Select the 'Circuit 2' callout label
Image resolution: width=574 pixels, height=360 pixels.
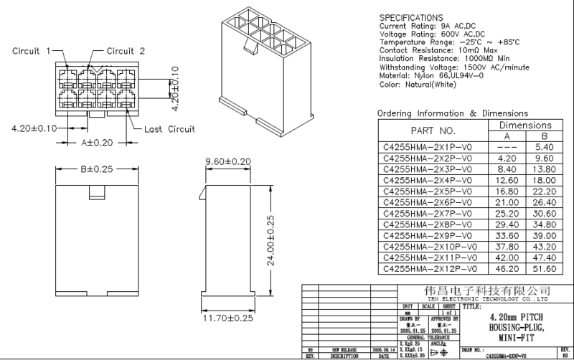pos(126,51)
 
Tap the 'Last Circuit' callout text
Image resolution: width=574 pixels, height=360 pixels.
pos(170,129)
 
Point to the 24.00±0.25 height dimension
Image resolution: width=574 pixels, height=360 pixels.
pos(271,242)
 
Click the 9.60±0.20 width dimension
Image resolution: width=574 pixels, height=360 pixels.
pos(228,161)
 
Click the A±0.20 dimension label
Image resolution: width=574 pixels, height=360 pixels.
pos(98,142)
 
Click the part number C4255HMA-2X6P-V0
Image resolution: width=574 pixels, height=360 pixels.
pos(428,203)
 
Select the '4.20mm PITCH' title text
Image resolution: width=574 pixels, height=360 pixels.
pos(516,316)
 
